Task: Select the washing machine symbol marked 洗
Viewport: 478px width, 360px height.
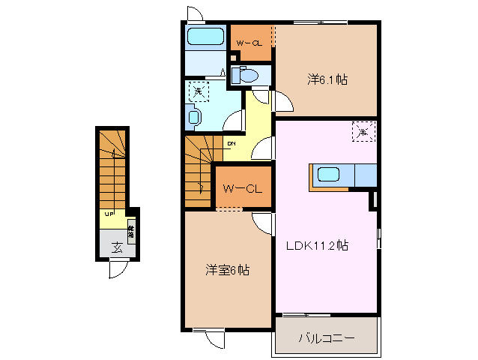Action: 198,91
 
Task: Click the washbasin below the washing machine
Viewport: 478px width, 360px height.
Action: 194,117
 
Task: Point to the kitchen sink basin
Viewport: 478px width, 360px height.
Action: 330,175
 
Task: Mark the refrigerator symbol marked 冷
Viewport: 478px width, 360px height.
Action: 363,132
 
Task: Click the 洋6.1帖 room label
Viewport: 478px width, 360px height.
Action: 327,78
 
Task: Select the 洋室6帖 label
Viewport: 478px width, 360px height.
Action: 227,270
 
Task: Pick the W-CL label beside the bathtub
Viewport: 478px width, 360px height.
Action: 249,43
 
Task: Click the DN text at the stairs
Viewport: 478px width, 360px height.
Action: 232,143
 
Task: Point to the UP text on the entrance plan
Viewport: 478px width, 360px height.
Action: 109,214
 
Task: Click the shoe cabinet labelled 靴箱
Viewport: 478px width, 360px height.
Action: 130,232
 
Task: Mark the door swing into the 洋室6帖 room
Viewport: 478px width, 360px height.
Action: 262,223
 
